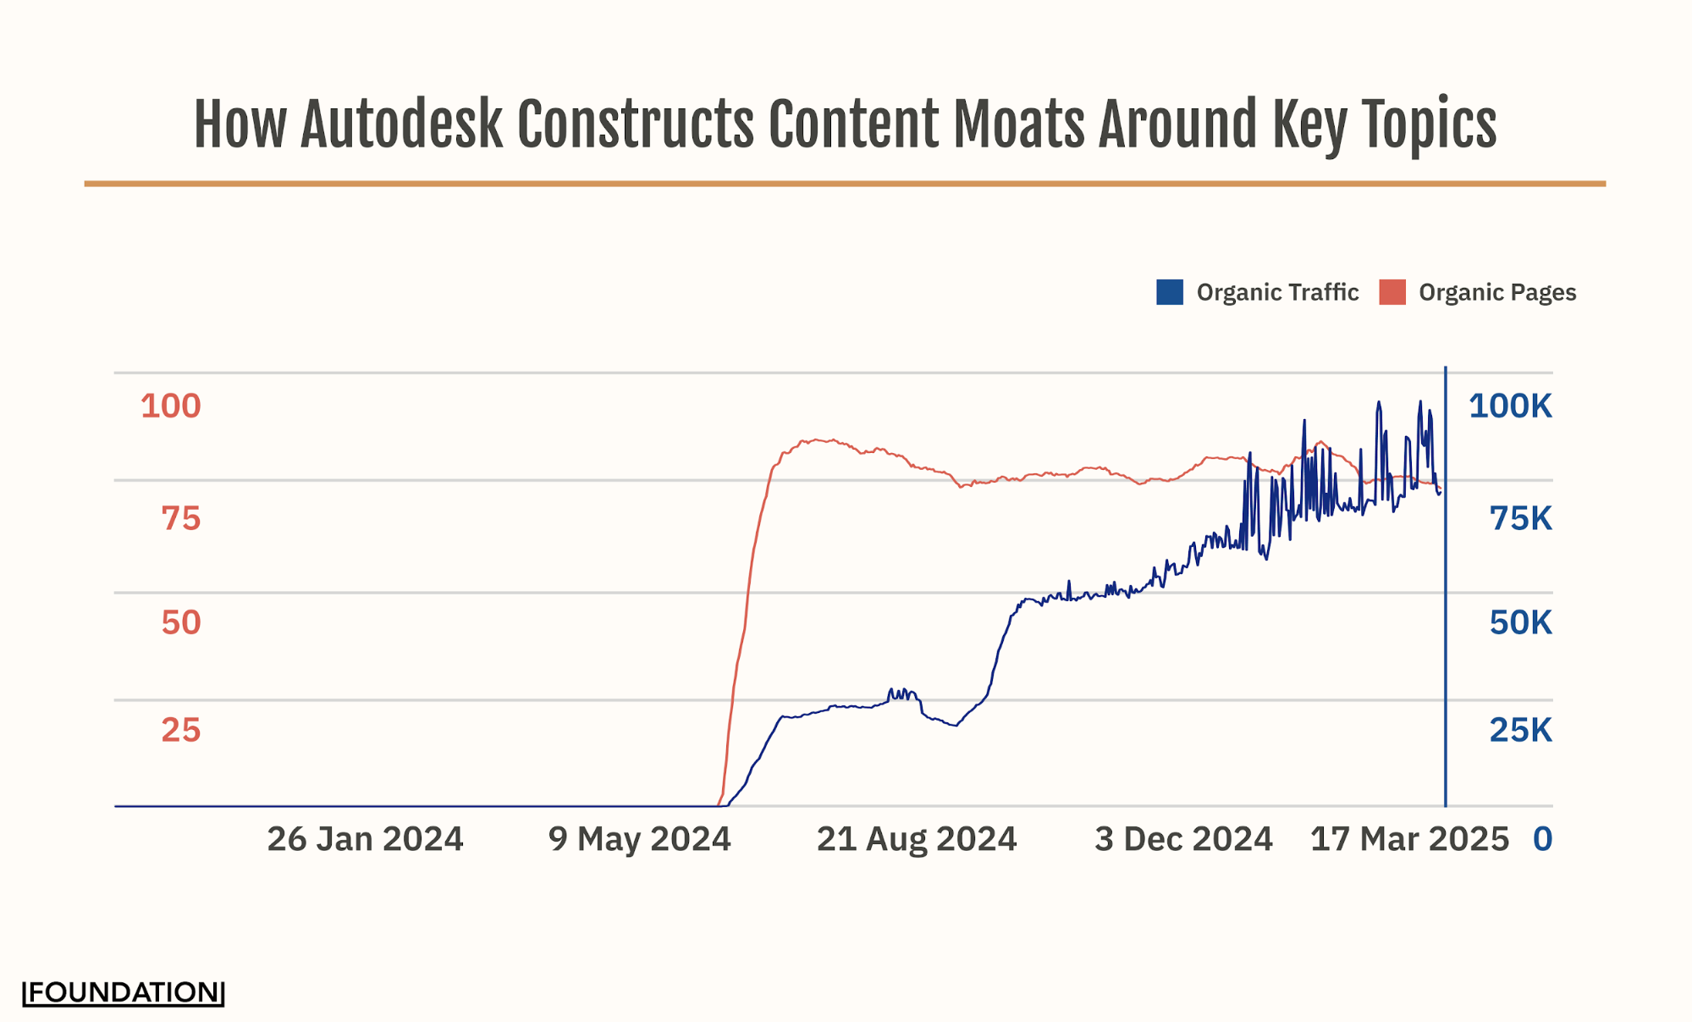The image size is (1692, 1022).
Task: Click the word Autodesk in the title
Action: coord(401,125)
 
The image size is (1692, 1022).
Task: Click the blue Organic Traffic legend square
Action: coord(1169,292)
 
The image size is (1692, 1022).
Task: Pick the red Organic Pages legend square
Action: coord(1392,292)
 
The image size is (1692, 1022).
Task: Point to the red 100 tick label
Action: coord(170,406)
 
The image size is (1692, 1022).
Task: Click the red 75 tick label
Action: coord(180,518)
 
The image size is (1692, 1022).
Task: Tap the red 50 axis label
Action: coord(180,622)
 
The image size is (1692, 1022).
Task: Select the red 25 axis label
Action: coord(180,730)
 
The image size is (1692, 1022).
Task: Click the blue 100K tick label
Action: coord(1510,406)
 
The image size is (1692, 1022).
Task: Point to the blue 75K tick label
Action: coord(1520,518)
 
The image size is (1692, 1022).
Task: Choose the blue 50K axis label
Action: coord(1520,622)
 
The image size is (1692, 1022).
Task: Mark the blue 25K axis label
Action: coord(1520,730)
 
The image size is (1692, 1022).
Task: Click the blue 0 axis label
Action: coord(1542,839)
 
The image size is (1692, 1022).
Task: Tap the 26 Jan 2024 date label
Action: coord(365,839)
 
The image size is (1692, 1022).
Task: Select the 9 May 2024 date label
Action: coord(639,839)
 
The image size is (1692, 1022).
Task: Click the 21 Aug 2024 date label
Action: coord(916,839)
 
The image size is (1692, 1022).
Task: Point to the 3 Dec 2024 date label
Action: coord(1183,839)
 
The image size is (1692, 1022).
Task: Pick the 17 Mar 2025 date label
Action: coord(1409,839)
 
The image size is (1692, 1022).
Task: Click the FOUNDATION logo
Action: coord(124,992)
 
